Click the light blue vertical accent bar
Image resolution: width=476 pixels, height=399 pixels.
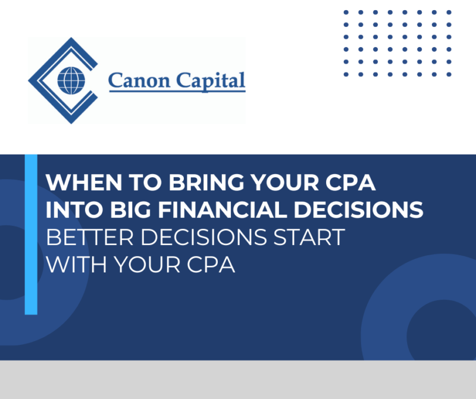pyautogui.click(x=31, y=234)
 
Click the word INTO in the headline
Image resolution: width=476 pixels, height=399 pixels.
pyautogui.click(x=70, y=210)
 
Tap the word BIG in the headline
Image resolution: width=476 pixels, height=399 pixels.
pyautogui.click(x=123, y=210)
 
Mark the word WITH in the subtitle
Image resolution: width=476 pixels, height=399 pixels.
pyautogui.click(x=73, y=264)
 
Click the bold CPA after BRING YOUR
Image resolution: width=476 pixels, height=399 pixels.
pyautogui.click(x=352, y=183)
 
